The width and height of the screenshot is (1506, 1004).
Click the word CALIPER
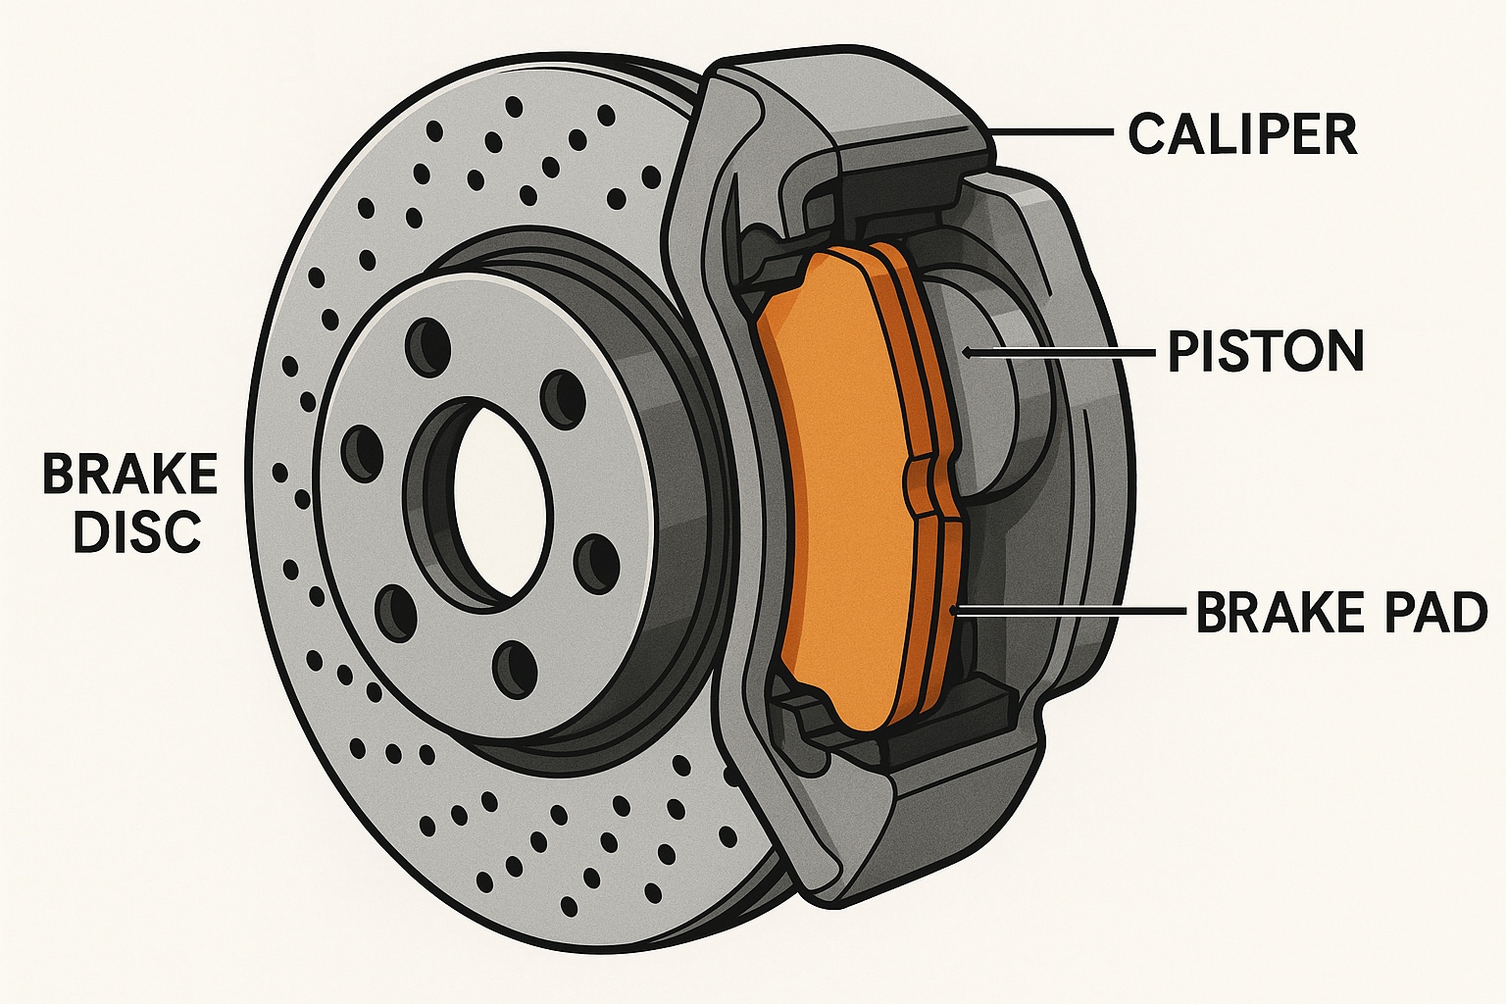pos(1242,134)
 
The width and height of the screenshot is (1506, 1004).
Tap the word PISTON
pos(1266,351)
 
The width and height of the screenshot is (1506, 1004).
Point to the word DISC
pos(137,531)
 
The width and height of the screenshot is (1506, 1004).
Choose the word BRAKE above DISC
pos(129,475)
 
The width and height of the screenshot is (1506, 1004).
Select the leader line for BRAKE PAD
pos(1069,611)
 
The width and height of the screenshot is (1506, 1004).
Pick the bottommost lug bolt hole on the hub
pos(513,670)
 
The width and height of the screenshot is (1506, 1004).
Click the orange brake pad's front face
pos(843,490)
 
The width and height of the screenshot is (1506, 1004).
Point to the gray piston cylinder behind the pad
pos(1000,392)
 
